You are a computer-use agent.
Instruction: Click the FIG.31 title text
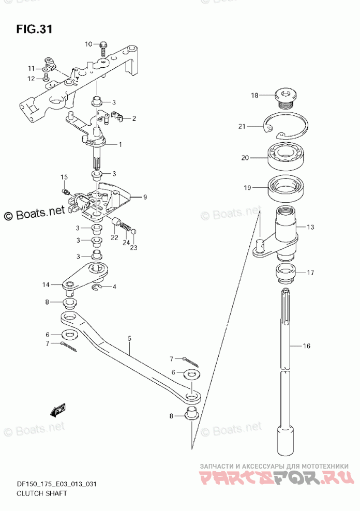34,29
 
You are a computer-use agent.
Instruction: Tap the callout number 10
88,44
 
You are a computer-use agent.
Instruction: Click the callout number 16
307,346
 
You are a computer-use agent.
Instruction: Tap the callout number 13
310,227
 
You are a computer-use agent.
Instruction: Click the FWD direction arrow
58,410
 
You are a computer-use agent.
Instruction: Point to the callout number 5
129,338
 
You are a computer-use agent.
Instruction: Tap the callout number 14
46,284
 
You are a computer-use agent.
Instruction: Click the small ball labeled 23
133,231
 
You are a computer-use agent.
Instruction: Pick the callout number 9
145,197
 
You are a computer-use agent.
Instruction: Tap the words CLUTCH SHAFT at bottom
42,493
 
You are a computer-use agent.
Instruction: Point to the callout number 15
64,177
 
